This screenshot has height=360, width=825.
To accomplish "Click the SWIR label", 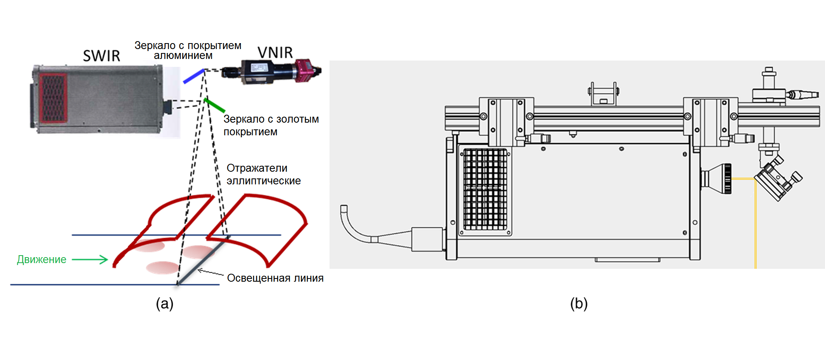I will coord(101,56).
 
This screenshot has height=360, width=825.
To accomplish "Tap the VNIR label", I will coord(275,52).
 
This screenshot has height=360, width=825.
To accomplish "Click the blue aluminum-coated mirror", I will coord(193,76).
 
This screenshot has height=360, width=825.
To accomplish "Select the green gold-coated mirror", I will coord(215,105).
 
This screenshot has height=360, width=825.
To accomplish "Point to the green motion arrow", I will coord(90,260).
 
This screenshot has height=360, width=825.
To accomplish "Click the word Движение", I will coord(42,260).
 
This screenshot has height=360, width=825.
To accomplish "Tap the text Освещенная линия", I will coord(275,278).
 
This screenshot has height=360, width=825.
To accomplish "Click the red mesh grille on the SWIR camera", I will coord(53,98).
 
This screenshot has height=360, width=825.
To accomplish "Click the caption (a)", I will coord(165,303).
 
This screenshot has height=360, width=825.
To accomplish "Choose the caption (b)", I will coord(579,303).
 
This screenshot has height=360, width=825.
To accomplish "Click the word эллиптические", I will coord(263,181).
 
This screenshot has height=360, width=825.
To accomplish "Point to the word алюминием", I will coord(183,56).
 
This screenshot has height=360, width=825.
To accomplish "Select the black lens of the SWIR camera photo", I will coord(168,107).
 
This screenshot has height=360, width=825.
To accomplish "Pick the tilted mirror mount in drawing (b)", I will coord(778,180).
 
